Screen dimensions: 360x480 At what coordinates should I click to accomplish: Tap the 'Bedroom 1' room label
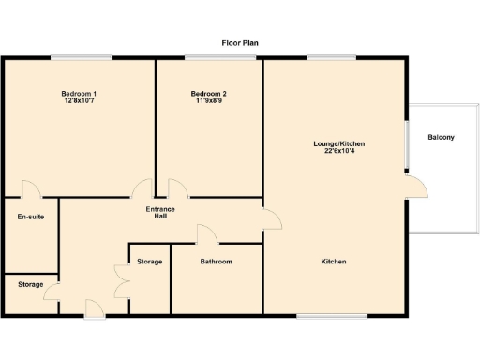[80, 94]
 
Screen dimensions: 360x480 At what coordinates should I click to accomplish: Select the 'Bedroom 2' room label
[208, 94]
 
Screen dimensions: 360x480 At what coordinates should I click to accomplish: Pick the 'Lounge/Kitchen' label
[338, 143]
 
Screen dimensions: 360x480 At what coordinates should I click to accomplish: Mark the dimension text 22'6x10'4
[338, 151]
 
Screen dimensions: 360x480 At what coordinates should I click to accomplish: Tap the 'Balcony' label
[441, 138]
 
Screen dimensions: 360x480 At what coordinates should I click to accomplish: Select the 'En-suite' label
[31, 217]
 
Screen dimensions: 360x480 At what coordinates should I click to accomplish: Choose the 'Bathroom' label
[217, 262]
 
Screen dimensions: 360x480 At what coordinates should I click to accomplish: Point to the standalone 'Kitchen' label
[335, 262]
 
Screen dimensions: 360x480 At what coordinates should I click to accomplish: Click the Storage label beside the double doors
[150, 262]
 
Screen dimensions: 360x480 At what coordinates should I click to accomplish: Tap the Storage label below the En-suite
[30, 284]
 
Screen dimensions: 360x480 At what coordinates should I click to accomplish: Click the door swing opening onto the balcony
[417, 187]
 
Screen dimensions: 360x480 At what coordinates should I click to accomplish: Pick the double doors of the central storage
[121, 278]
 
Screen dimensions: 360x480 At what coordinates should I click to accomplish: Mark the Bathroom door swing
[207, 234]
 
